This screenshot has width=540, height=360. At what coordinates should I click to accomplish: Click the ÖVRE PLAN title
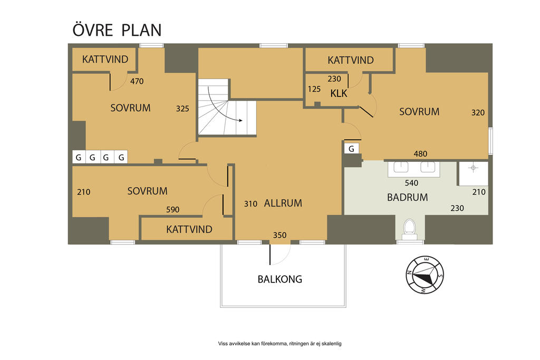point(117,30)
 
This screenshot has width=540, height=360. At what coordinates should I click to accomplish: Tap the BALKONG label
point(279,279)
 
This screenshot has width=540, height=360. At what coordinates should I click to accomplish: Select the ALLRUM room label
point(283,203)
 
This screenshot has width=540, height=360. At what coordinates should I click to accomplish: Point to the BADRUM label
point(408,197)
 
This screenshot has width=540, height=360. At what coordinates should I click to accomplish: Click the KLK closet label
point(339,93)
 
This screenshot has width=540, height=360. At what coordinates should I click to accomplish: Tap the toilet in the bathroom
point(410,229)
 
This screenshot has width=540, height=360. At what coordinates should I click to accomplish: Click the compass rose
point(425,275)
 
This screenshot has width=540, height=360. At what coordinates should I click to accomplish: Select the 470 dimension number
point(137,81)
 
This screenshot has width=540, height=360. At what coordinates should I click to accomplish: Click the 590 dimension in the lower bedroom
point(172,210)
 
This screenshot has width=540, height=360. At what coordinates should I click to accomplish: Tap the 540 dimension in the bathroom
point(411,183)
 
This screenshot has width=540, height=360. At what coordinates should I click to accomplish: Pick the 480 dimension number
point(420,154)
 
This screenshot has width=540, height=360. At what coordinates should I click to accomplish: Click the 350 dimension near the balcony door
point(279,235)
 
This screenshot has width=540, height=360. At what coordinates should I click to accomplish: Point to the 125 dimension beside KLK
point(314,89)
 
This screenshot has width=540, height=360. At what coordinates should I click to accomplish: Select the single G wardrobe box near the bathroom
point(351,149)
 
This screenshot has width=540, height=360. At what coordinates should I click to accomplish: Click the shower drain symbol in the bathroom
point(473,168)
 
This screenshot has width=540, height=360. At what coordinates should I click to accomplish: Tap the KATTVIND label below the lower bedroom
point(189,229)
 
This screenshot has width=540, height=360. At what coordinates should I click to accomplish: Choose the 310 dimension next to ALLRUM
point(250,204)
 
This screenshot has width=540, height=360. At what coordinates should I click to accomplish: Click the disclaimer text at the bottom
point(279,344)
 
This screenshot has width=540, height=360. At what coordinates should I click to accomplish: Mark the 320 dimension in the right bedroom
point(478,113)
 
